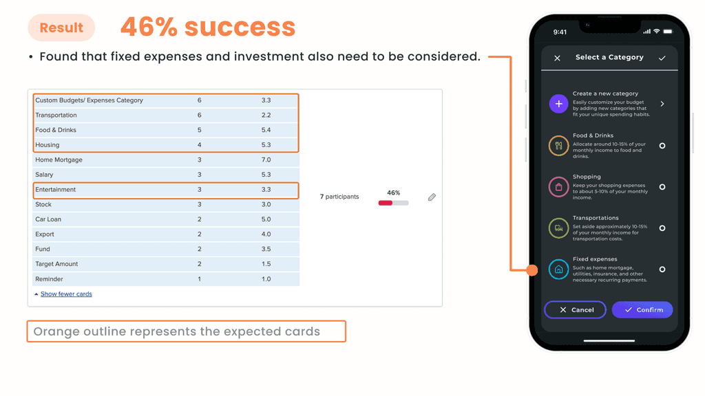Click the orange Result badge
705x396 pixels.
(x=61, y=27)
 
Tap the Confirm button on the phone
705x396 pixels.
(x=642, y=310)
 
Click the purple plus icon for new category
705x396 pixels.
(x=558, y=104)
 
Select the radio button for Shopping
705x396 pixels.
(x=662, y=187)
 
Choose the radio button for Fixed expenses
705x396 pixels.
(x=662, y=269)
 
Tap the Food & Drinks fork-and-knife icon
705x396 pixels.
(x=558, y=146)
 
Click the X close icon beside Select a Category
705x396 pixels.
(x=557, y=58)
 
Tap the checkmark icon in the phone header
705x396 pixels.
(x=662, y=58)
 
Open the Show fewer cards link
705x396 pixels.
(x=66, y=294)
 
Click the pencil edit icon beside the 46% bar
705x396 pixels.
(x=432, y=197)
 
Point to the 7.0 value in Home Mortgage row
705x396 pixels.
(x=266, y=159)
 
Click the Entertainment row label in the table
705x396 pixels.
(x=55, y=190)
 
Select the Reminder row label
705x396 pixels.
(x=49, y=279)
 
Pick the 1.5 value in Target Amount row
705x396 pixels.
(x=266, y=264)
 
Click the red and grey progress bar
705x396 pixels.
(x=393, y=203)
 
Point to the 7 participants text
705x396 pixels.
(x=339, y=197)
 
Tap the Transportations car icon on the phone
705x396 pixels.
(x=558, y=228)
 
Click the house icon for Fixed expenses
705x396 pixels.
(x=558, y=269)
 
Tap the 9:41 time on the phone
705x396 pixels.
(x=560, y=32)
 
